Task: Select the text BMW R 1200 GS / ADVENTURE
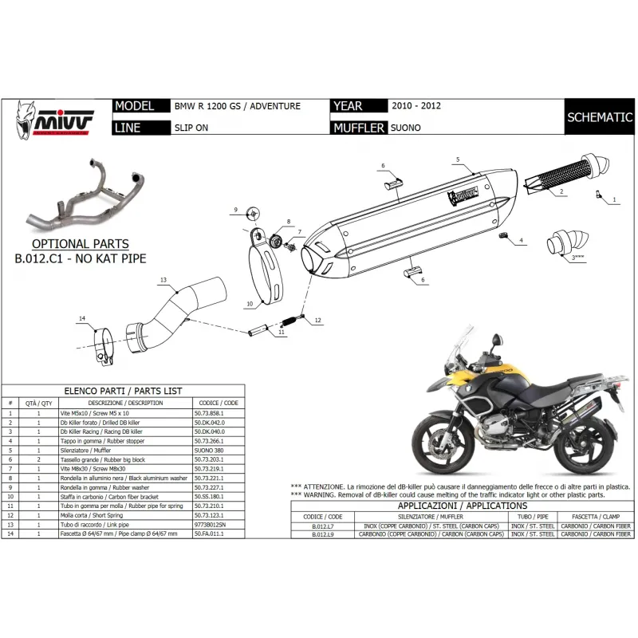point(237,106)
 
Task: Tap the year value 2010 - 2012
point(415,105)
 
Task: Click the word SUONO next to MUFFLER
point(405,127)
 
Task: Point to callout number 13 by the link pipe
point(162,281)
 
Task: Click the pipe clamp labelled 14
point(102,348)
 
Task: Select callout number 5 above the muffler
point(458,160)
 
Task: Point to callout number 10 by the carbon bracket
point(249,304)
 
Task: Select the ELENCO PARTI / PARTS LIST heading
point(122,392)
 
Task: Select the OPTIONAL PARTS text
point(80,244)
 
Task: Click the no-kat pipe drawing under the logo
point(81,191)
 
